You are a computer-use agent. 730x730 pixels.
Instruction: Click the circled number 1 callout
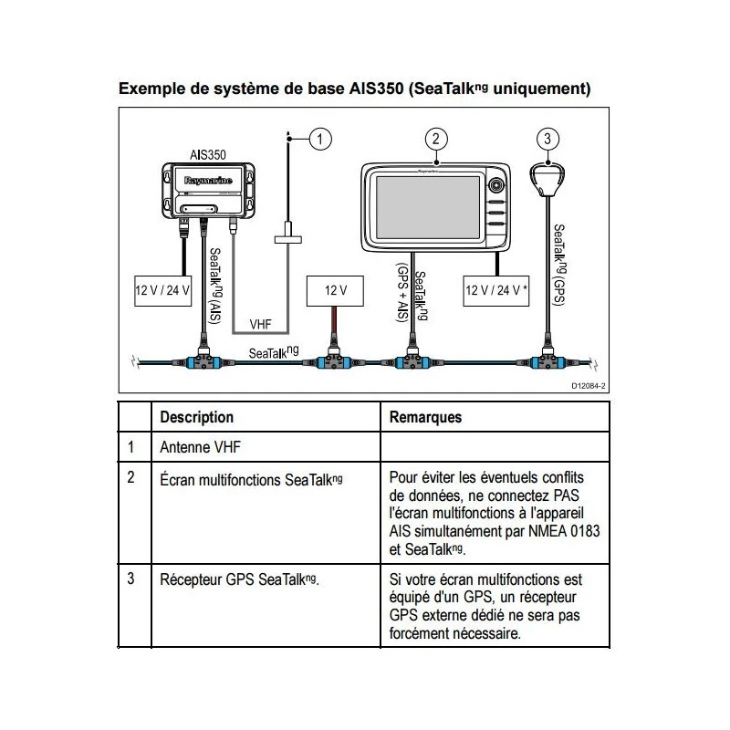(319, 140)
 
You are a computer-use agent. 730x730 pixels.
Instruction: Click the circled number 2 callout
(437, 139)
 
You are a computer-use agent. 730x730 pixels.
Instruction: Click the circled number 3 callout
(547, 139)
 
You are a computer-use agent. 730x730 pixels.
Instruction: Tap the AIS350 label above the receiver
(208, 155)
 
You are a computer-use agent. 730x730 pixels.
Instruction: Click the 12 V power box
(335, 291)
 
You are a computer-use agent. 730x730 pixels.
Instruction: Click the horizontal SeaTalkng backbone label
(274, 351)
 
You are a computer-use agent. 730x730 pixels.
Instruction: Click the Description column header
(197, 417)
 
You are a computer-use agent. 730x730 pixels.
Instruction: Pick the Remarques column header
(425, 417)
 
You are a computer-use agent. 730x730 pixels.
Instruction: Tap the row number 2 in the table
(131, 477)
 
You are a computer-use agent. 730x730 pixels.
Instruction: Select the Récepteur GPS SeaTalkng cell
(239, 579)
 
